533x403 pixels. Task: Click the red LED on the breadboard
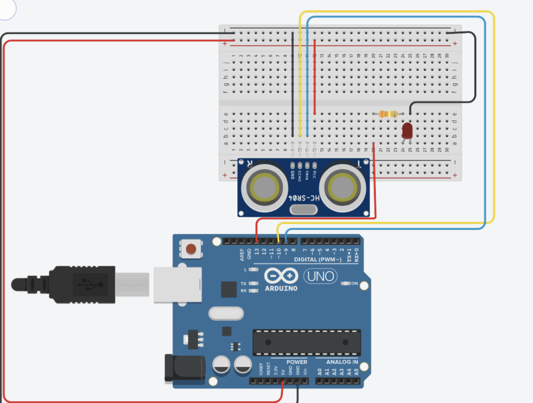tap(406, 130)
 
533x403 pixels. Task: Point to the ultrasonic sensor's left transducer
tap(262, 186)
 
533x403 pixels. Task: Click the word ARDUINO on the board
tap(281, 289)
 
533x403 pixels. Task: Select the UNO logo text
tap(321, 276)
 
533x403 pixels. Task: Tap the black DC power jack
tap(183, 367)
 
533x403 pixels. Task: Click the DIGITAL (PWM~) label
tap(318, 260)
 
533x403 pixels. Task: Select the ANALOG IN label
tap(342, 362)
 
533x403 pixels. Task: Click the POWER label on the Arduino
tap(297, 362)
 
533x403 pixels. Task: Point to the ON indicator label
tap(354, 283)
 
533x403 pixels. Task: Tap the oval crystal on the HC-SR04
tap(304, 209)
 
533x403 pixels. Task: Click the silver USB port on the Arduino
tap(178, 284)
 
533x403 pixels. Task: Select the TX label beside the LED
tap(244, 284)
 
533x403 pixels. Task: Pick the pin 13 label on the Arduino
tap(257, 251)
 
